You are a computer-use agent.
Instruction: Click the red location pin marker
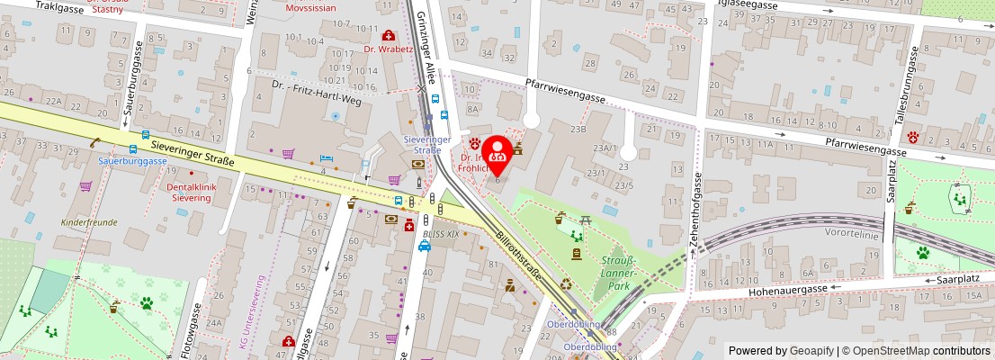pyautogui.click(x=497, y=153)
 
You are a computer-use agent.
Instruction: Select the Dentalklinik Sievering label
pyautogui.click(x=177, y=192)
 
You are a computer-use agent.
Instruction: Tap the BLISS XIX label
pyautogui.click(x=440, y=234)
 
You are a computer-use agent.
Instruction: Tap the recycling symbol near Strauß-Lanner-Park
pyautogui.click(x=566, y=284)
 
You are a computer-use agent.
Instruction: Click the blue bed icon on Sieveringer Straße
pyautogui.click(x=327, y=159)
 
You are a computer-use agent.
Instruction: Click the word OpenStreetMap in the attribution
pyautogui.click(x=891, y=351)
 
